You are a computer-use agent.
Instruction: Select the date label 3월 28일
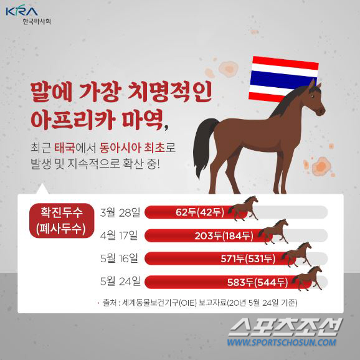[x=120, y=212]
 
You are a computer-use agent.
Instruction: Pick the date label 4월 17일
[x=119, y=235]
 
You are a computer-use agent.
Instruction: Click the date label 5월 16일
[x=119, y=258]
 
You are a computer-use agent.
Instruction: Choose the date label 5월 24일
[x=120, y=282]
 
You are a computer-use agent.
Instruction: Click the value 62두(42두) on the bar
[x=200, y=212]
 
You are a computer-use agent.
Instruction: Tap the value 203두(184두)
[x=224, y=235]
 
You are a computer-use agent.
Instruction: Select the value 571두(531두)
[x=248, y=258]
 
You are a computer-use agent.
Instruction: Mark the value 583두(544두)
[x=257, y=282]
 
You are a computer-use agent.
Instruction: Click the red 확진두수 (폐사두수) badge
[x=62, y=220]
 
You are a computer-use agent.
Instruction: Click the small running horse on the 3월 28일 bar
[x=244, y=208]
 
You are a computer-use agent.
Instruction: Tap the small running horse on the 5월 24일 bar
[x=307, y=278]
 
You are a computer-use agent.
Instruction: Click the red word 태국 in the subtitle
[x=65, y=148]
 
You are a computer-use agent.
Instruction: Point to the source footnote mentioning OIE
[x=198, y=303]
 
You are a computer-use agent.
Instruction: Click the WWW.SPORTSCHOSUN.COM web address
[x=282, y=343]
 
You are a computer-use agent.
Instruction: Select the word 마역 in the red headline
[x=143, y=120]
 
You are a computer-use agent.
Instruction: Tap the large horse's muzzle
[x=321, y=111]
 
